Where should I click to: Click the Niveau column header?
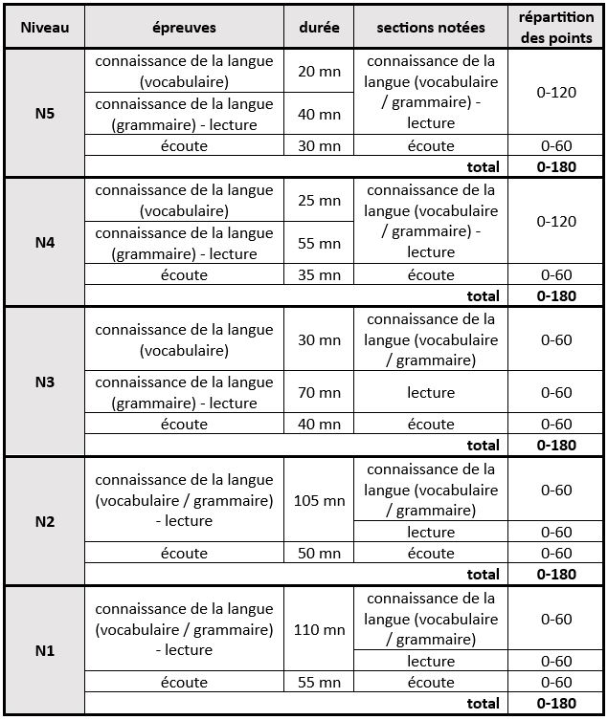(x=44, y=29)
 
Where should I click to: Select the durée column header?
(x=318, y=29)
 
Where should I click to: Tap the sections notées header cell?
(x=431, y=29)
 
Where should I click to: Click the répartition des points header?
(x=556, y=29)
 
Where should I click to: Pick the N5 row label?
(x=44, y=112)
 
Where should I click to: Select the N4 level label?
(x=44, y=243)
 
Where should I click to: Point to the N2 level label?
(x=44, y=522)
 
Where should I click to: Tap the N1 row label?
(x=44, y=651)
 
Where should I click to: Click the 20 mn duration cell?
(x=318, y=72)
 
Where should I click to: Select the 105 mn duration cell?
(x=318, y=501)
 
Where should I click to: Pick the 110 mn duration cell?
(x=318, y=630)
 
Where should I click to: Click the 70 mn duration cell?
(x=318, y=393)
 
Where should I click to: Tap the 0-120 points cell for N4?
(x=556, y=222)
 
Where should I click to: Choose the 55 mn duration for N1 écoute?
(x=318, y=683)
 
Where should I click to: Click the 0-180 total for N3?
(x=556, y=445)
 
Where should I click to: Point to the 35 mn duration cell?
(x=318, y=275)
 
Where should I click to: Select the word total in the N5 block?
(x=483, y=165)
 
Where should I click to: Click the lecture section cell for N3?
(x=431, y=393)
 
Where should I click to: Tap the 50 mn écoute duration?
(x=318, y=554)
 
